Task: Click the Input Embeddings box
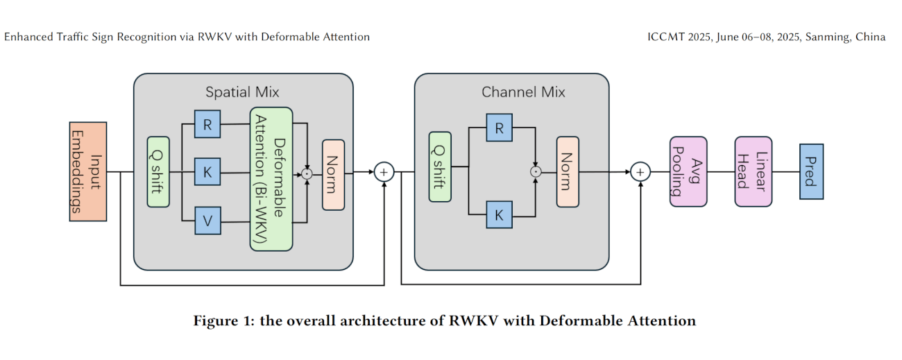click(88, 171)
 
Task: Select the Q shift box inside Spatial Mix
click(158, 171)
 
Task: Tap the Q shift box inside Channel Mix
click(440, 166)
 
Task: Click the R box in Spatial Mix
click(207, 125)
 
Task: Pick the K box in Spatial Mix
click(207, 171)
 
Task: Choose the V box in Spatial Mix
click(207, 220)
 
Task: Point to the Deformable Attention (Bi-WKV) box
click(271, 179)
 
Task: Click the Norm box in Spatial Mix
click(333, 174)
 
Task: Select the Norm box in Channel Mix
click(568, 171)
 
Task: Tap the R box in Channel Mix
click(499, 128)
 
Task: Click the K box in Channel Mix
click(499, 214)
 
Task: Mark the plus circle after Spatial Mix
click(384, 172)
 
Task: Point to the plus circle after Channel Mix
click(640, 171)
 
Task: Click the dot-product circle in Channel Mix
click(536, 171)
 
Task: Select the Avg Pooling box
click(688, 171)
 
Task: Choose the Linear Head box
click(753, 171)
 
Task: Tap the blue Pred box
click(811, 171)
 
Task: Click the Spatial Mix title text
click(242, 92)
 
